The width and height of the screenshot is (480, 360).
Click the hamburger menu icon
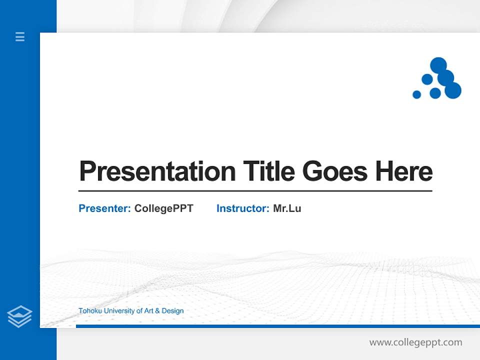click(20, 36)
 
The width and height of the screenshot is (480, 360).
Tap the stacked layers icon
click(19, 316)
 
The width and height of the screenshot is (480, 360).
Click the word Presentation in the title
click(157, 171)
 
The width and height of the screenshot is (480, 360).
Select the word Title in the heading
click(269, 171)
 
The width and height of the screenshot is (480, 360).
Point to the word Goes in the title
click(335, 171)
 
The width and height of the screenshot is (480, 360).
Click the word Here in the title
click(404, 171)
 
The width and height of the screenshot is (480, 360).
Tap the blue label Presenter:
click(104, 208)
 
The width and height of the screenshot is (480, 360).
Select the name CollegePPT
click(164, 209)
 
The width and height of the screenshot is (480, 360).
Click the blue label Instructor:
click(243, 208)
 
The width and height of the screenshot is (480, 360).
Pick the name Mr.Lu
click(287, 208)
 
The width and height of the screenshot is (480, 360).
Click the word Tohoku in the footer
click(90, 310)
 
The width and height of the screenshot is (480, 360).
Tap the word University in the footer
click(119, 311)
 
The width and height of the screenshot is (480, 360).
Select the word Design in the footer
click(172, 311)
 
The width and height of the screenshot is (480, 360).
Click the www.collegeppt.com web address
click(415, 342)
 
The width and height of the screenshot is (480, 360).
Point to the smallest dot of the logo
click(416, 94)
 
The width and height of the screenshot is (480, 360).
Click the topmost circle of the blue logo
click(438, 65)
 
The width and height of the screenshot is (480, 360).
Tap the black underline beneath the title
click(255, 190)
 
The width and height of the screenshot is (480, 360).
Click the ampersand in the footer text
click(157, 311)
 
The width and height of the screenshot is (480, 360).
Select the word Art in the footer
click(148, 310)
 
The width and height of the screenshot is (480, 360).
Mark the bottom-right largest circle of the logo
click(453, 90)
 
